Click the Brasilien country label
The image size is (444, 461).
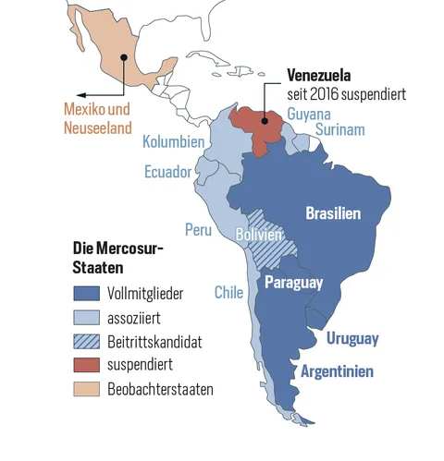(x=333, y=213)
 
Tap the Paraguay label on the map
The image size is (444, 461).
(x=294, y=283)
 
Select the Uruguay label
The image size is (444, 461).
(x=351, y=339)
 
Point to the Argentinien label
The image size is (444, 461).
(x=338, y=371)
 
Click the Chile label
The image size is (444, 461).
(x=228, y=292)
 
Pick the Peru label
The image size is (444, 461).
(x=198, y=228)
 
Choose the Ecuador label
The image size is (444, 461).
(x=167, y=172)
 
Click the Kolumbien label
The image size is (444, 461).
(x=173, y=143)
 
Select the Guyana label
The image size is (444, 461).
(x=310, y=113)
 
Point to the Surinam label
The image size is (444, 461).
(x=339, y=130)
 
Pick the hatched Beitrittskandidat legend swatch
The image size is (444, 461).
(x=87, y=342)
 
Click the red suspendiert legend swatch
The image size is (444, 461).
(x=87, y=366)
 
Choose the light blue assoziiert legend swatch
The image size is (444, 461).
(x=87, y=318)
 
